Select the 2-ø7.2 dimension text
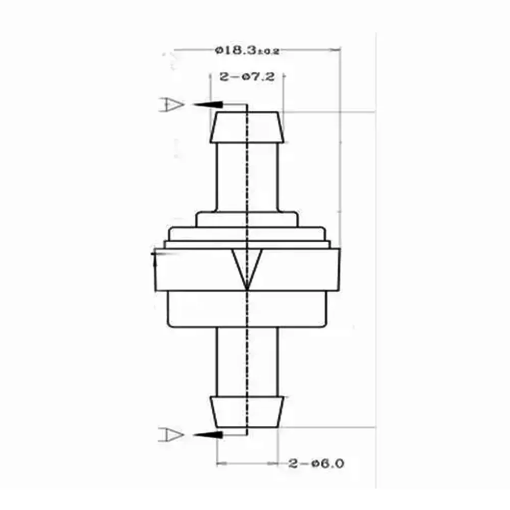tap(247, 77)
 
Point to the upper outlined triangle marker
tap(171, 105)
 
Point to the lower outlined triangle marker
tap(171, 435)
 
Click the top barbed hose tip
tap(247, 127)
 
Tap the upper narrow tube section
tap(247, 176)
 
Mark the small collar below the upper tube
tap(247, 220)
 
